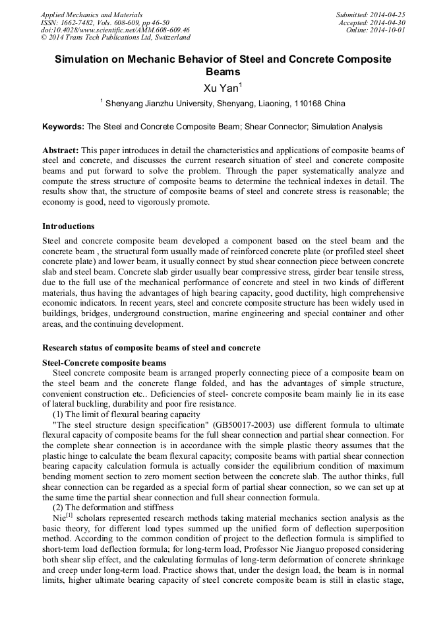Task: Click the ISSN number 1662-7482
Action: pos(78,22)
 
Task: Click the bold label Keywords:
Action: pos(63,127)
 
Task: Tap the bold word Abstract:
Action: pos(61,150)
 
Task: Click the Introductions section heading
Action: pos(68,226)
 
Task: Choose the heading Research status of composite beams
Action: pos(151,348)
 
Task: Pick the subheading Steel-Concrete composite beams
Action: pos(104,363)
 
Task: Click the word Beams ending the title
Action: pos(223,72)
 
